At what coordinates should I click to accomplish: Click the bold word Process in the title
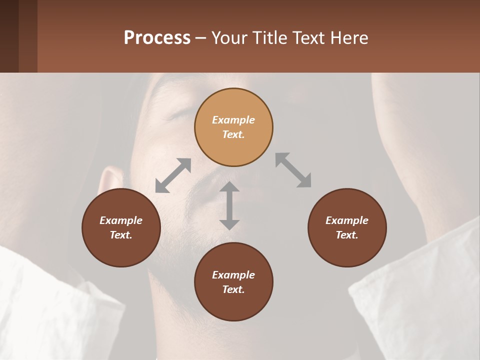coord(157,37)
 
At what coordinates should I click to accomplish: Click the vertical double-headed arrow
coord(229,205)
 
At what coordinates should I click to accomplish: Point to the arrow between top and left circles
coord(173,175)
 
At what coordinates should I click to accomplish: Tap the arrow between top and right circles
coord(293,170)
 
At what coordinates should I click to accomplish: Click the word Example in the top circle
coord(233,120)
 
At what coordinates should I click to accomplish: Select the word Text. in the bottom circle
coord(233,289)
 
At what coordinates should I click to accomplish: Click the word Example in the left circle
coord(121,220)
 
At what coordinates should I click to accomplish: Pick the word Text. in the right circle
coord(347,235)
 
